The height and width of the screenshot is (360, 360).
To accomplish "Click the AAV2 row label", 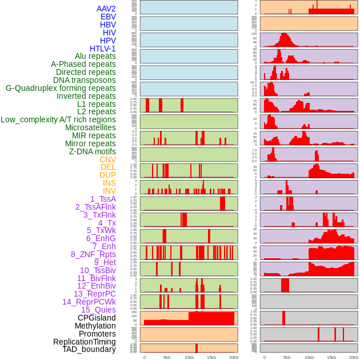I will [x=106, y=9].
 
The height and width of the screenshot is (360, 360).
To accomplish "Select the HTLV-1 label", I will [x=102, y=49].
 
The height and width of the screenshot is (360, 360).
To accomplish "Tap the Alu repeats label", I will [x=95, y=56].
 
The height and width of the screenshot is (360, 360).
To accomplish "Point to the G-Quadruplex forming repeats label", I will [x=61, y=88].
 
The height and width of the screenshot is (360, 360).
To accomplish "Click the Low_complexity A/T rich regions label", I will [x=58, y=119].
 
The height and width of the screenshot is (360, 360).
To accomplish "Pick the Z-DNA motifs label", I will [x=92, y=151].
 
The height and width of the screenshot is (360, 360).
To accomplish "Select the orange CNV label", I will [x=107, y=159].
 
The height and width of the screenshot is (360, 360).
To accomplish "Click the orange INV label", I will [x=109, y=191].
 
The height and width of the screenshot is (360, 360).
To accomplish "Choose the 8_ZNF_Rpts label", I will [x=93, y=254].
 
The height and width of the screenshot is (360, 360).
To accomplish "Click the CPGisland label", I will [x=97, y=318].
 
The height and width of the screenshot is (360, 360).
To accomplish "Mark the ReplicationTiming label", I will [x=84, y=342].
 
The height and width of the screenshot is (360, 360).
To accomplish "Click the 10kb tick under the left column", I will [x=189, y=357].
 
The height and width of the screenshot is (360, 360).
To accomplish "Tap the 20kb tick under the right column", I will [x=354, y=357].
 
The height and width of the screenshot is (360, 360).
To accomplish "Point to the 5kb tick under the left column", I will [x=167, y=357].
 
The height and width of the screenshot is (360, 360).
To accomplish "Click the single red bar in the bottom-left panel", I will [x=197, y=348].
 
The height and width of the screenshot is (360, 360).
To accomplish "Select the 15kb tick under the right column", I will [x=331, y=357].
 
